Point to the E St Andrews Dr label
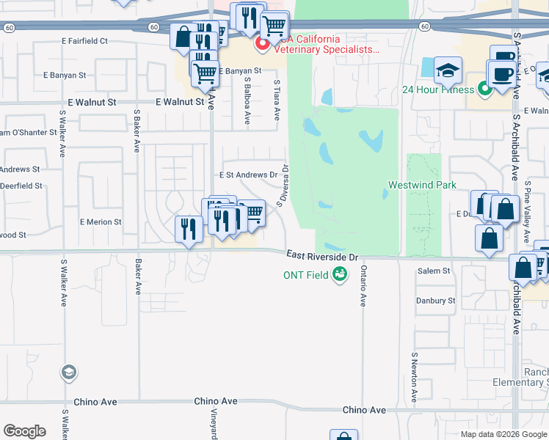pyautogui.click(x=249, y=175)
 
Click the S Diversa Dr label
pyautogui.click(x=283, y=185)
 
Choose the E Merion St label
pyautogui.click(x=101, y=221)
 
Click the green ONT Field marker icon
pyautogui.click(x=339, y=275)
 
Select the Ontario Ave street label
pyautogui.click(x=363, y=286)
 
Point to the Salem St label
pyautogui.click(x=433, y=271)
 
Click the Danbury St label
pyautogui.click(x=435, y=301)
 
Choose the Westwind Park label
pyautogui.click(x=423, y=186)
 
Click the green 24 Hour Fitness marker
pyautogui.click(x=484, y=90)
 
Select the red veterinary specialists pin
pyautogui.click(x=261, y=45)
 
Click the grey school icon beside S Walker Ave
pyautogui.click(x=69, y=372)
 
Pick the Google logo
pyautogui.click(x=24, y=431)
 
